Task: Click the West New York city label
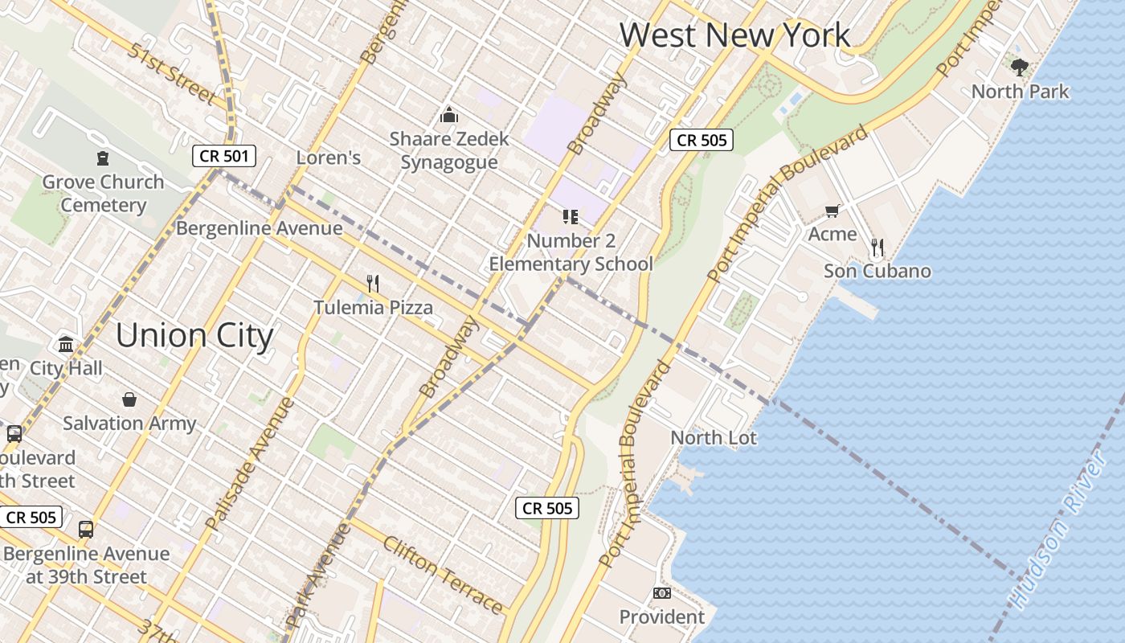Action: (734, 35)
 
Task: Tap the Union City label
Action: (194, 335)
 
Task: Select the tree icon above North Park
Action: (1019, 67)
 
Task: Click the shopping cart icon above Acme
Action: (832, 211)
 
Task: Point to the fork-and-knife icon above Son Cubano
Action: (877, 247)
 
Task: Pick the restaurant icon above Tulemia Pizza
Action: (373, 283)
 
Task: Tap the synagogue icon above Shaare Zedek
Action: (449, 115)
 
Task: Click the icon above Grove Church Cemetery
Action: (103, 158)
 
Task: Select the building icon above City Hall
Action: (66, 345)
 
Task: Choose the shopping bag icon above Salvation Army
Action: (129, 399)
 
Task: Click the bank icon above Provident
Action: (661, 593)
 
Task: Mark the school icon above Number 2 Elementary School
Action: (571, 216)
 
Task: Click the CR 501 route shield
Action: (224, 156)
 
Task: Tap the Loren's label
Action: (328, 158)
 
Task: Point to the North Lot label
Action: (714, 438)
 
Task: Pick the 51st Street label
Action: (170, 75)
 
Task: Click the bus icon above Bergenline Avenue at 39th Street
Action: (86, 530)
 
